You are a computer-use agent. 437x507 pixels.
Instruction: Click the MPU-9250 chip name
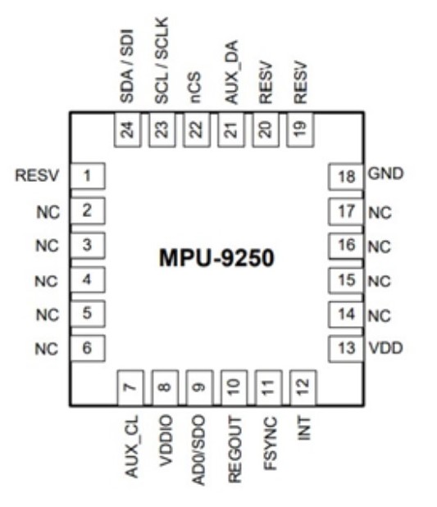(x=216, y=258)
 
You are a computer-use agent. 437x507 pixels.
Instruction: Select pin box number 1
(x=88, y=176)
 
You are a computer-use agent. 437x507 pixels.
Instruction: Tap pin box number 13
(x=346, y=349)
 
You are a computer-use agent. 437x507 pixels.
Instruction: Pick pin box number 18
(x=346, y=177)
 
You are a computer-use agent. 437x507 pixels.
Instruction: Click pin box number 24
(x=128, y=129)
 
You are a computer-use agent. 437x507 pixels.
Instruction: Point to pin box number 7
(x=130, y=387)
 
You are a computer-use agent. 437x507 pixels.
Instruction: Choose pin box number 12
(x=303, y=387)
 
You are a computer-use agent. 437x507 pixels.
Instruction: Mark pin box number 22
(x=197, y=129)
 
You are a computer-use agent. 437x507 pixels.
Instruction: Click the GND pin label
(x=385, y=174)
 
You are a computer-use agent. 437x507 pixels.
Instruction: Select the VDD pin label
(x=386, y=348)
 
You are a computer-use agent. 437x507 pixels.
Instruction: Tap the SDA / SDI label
(x=126, y=66)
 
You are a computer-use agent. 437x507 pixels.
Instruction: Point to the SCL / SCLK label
(x=162, y=61)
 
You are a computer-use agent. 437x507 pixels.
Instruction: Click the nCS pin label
(x=196, y=88)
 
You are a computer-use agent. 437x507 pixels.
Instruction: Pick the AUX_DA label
(x=231, y=72)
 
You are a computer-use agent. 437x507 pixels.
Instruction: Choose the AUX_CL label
(x=132, y=446)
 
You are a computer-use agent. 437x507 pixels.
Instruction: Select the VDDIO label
(x=166, y=441)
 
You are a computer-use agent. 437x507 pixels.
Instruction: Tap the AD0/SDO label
(x=198, y=450)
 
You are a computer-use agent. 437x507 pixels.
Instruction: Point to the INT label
(x=304, y=428)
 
